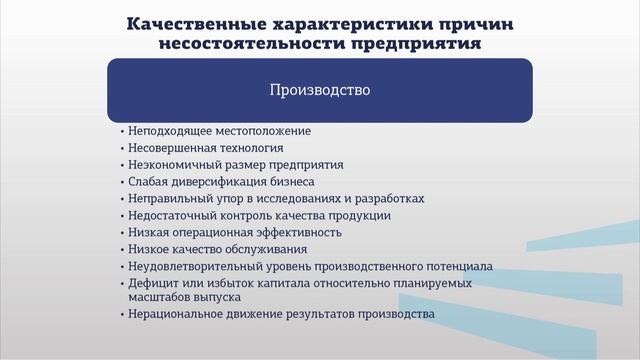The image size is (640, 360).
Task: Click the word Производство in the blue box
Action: (320, 90)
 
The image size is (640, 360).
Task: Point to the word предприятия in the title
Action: (412, 44)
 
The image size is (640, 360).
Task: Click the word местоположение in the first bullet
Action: (264, 131)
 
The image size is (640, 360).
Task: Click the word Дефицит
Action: (152, 283)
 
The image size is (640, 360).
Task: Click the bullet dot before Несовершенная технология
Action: (121, 148)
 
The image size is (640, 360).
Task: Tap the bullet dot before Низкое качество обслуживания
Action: (121, 249)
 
